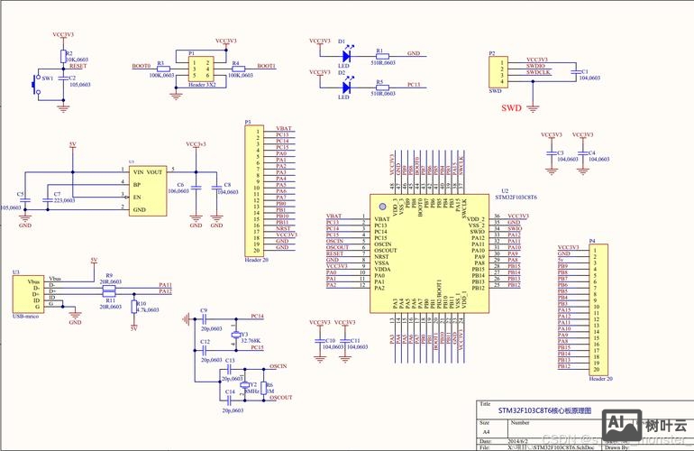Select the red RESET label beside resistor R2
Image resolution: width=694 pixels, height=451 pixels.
[x=78, y=66]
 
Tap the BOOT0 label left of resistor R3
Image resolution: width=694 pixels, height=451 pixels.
[x=141, y=66]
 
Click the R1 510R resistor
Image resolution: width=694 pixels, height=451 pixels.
[x=381, y=54]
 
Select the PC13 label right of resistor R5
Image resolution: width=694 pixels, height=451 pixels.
[x=414, y=84]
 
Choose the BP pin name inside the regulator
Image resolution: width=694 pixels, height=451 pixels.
[x=137, y=184]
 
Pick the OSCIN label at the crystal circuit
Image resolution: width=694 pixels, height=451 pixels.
[x=278, y=367]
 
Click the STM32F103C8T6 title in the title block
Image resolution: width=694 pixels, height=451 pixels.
[x=539, y=410]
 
